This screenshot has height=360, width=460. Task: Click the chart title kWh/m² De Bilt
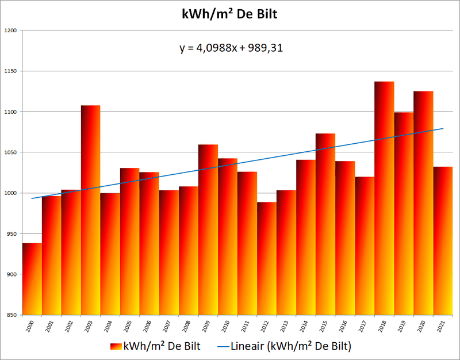[230, 14]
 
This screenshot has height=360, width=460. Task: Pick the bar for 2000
[32, 279]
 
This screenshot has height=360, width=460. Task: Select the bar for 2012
[267, 259]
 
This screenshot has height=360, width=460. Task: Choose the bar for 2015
[325, 224]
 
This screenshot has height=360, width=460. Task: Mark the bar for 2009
[208, 230]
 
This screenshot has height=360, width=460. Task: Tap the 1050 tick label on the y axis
[11, 152]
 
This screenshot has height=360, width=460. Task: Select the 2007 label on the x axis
[168, 328]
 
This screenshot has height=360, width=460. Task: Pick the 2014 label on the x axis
[305, 328]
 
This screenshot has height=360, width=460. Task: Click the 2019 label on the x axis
[403, 328]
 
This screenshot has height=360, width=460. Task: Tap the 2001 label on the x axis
[51, 328]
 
